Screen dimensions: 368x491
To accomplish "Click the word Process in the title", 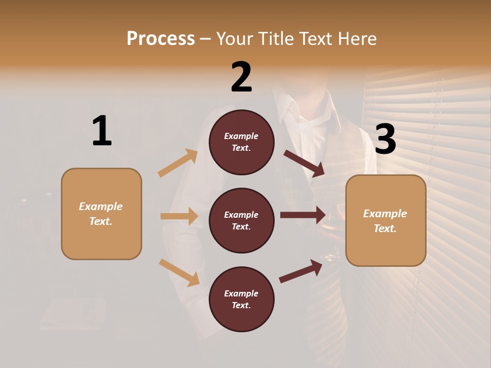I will (161, 39).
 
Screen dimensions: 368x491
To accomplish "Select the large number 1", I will (102, 131).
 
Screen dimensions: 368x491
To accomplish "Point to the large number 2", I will (241, 77).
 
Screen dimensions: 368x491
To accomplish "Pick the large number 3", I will (385, 140).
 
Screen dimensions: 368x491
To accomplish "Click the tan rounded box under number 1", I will (101, 214).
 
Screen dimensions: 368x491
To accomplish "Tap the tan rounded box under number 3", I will (386, 221).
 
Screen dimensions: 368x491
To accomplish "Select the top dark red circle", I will (241, 142).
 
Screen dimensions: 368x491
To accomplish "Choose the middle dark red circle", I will (241, 221).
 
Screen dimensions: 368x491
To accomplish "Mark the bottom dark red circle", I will (241, 300).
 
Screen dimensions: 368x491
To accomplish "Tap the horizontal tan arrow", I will (179, 216).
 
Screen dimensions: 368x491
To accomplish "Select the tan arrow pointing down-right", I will (179, 272).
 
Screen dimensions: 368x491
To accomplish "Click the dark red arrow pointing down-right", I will (304, 163).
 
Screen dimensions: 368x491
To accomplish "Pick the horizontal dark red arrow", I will (302, 215).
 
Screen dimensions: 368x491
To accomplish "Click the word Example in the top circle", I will (241, 136).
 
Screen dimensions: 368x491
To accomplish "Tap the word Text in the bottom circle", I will (240, 306).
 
